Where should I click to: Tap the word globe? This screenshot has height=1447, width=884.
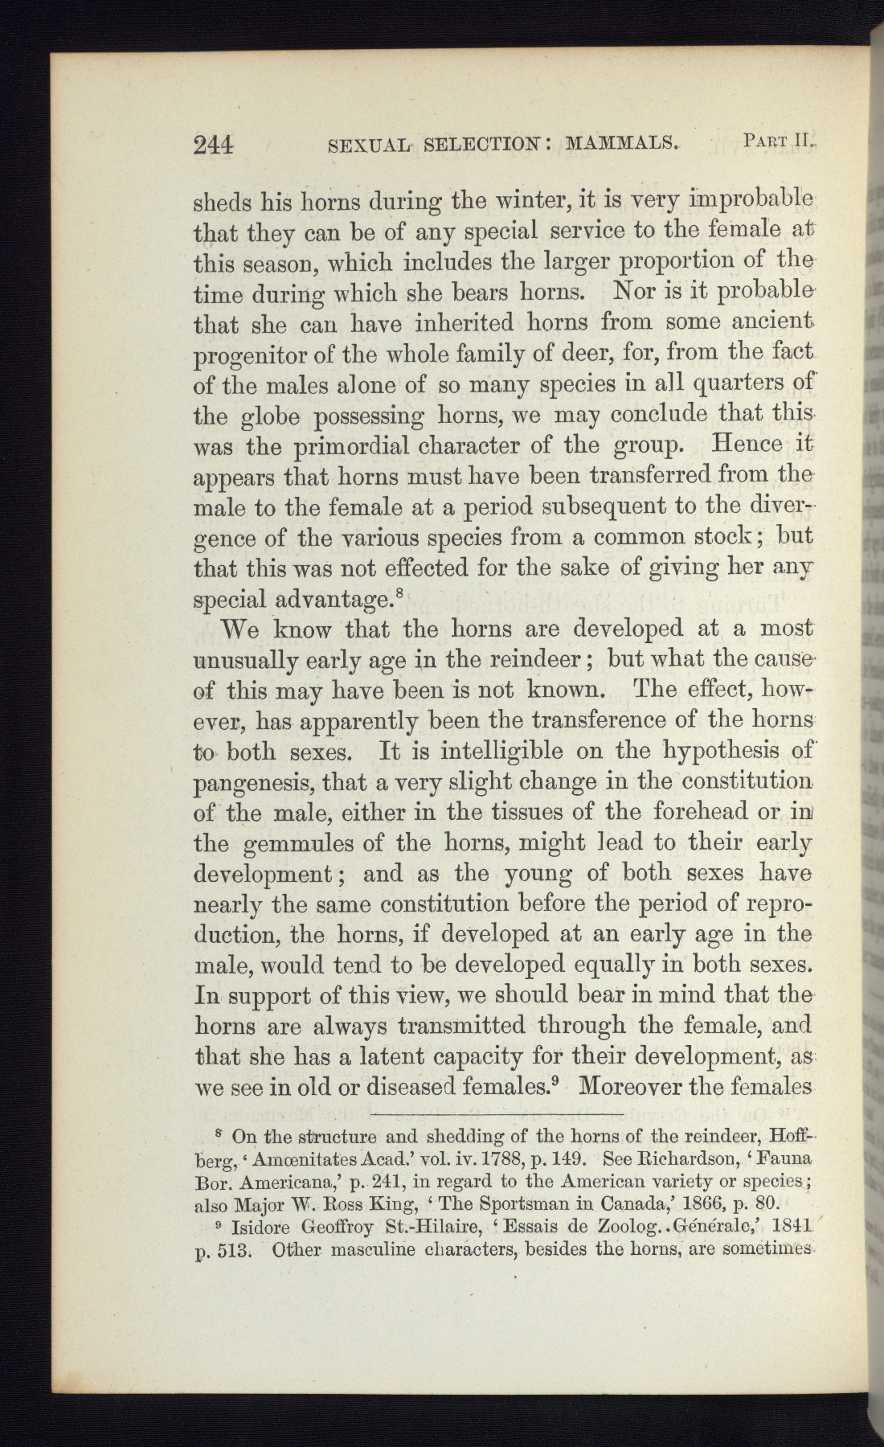click(x=272, y=416)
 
